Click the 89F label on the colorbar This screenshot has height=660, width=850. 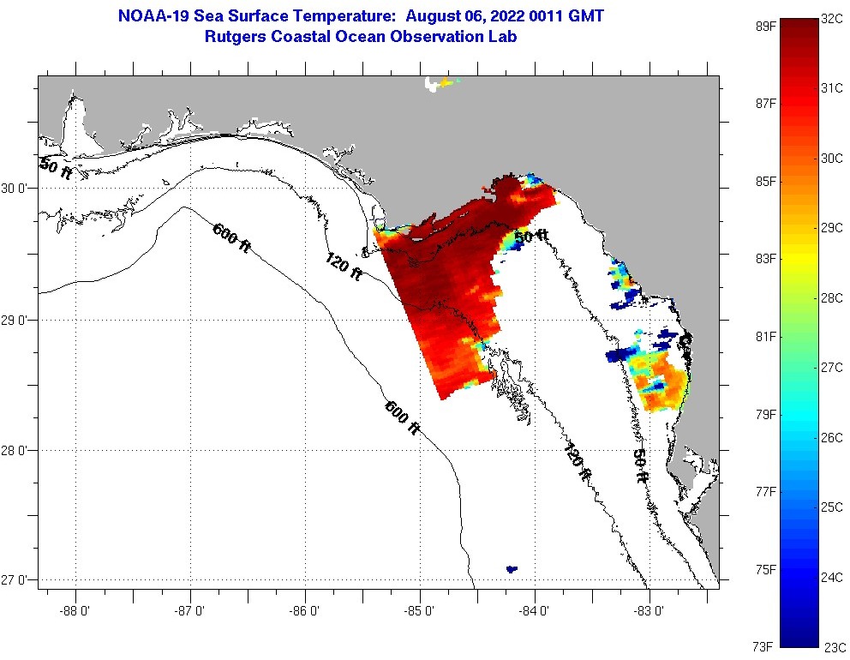point(765,26)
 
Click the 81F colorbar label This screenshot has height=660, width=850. point(765,336)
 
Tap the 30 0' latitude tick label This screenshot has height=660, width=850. point(17,189)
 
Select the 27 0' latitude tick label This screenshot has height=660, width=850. point(17,581)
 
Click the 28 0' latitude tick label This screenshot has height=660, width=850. point(17,450)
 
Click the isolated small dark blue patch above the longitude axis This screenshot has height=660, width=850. point(512,568)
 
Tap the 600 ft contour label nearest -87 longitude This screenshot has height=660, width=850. point(231,237)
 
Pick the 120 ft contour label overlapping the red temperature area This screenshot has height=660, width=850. point(344,267)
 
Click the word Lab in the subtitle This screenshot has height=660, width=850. point(503,37)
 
